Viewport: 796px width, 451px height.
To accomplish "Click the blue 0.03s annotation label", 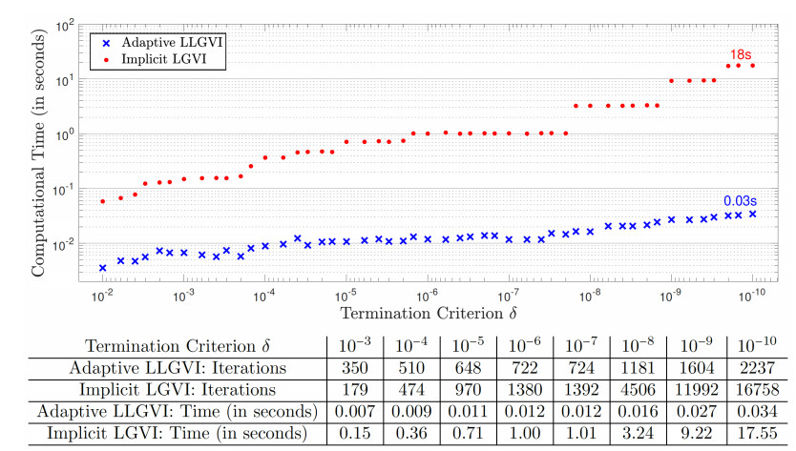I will [x=741, y=200].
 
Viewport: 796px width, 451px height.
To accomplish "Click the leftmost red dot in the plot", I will [x=103, y=201].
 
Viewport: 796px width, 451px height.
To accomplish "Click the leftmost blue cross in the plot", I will [x=103, y=268].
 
